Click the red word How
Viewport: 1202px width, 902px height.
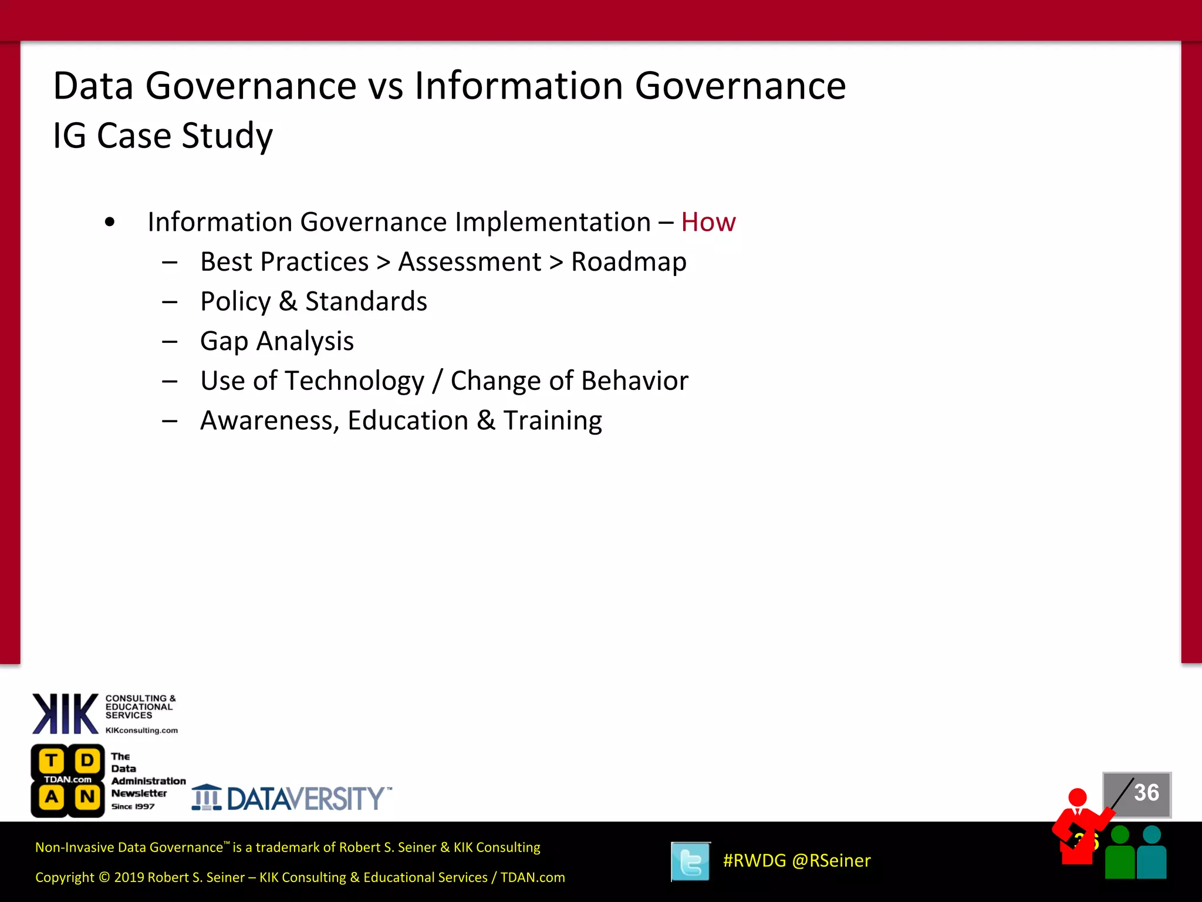click(x=708, y=223)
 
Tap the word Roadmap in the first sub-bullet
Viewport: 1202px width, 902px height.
click(x=629, y=262)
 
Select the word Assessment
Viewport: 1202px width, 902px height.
click(x=470, y=262)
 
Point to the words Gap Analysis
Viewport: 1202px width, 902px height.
click(x=277, y=341)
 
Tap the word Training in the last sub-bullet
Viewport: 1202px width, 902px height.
click(x=552, y=420)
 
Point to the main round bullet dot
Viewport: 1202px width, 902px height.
click(x=110, y=223)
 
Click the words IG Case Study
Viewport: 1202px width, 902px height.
click(x=163, y=136)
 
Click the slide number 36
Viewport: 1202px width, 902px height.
click(x=1146, y=793)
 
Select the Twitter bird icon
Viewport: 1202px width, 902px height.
click(x=691, y=861)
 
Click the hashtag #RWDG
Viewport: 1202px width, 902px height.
click(x=754, y=860)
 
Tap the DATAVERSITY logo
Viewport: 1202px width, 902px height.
click(x=292, y=798)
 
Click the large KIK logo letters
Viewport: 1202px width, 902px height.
click(x=65, y=713)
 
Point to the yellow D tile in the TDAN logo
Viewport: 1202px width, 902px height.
click(x=87, y=760)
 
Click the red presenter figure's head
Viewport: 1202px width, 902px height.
click(x=1078, y=797)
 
